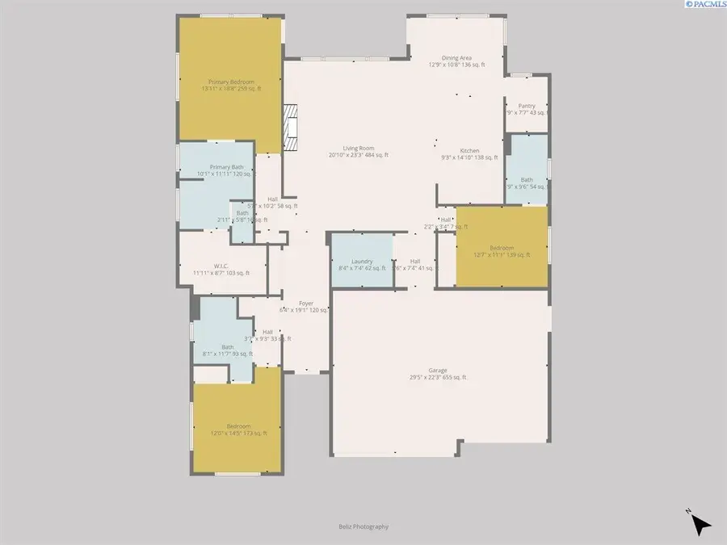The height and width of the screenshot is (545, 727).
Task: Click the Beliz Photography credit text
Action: click(363, 526)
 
